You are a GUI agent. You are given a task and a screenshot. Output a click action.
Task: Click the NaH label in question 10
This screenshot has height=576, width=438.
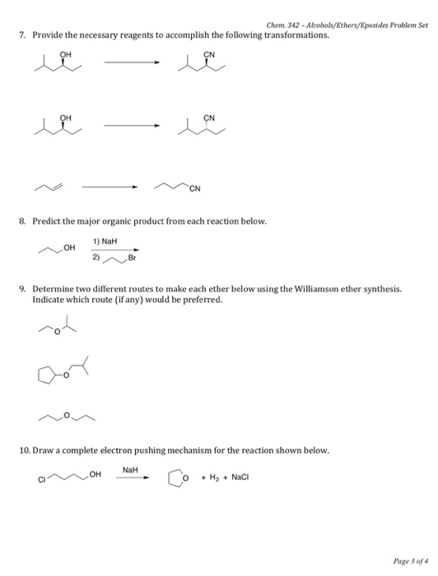130,469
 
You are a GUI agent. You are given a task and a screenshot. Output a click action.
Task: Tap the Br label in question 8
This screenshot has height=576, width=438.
131,258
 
